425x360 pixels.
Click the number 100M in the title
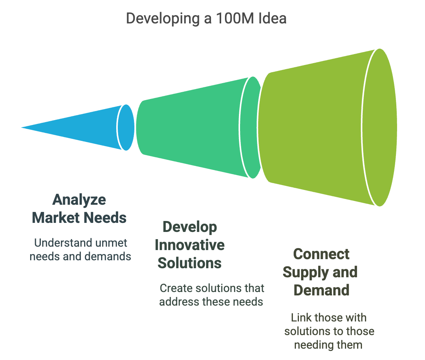coord(235,19)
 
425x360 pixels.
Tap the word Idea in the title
coord(273,19)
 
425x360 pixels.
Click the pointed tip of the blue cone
coord(22,128)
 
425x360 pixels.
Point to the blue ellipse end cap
coord(126,128)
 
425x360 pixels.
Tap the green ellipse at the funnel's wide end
coord(380,128)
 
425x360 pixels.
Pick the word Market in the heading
coord(56,218)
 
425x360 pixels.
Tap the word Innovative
coord(190,245)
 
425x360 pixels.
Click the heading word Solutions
coord(190,263)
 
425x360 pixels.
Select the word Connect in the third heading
coord(322,254)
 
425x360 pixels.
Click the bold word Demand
coord(322,290)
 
